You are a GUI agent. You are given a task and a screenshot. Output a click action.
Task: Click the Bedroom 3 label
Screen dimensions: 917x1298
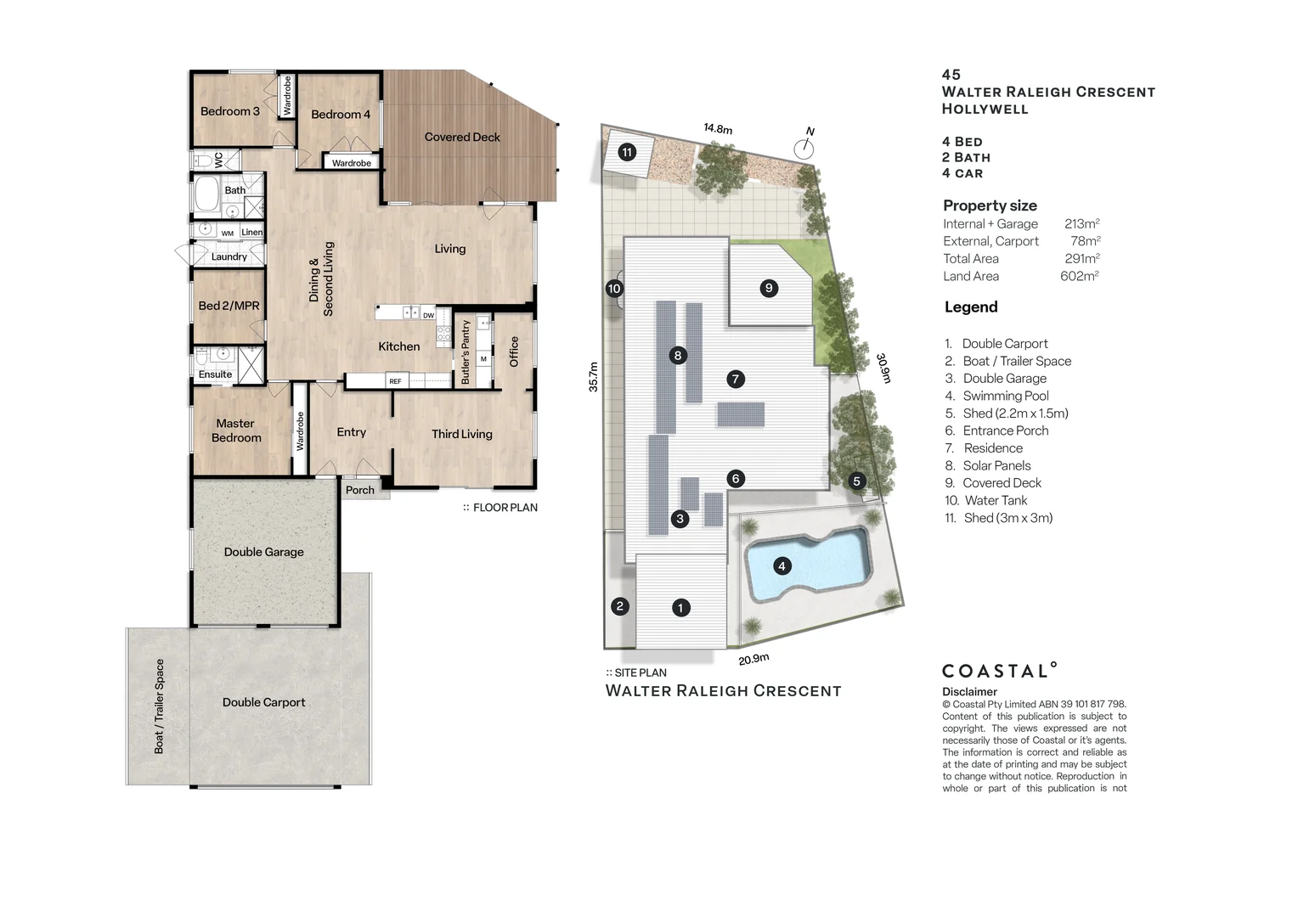click(229, 111)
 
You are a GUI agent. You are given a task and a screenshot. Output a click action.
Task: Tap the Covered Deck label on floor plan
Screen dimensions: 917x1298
click(462, 137)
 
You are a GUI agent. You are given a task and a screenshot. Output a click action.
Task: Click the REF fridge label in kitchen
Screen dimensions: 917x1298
click(395, 382)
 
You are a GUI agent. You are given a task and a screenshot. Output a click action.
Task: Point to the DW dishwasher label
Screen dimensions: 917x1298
click(428, 316)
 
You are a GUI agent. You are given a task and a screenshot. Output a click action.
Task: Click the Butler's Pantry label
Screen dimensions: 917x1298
click(466, 352)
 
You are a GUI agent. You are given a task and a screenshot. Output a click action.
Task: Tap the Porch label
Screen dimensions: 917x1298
click(359, 490)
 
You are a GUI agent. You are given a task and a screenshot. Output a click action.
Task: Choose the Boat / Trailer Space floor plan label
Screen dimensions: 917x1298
click(159, 706)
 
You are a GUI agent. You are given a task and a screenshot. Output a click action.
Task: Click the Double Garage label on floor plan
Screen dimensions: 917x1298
click(263, 552)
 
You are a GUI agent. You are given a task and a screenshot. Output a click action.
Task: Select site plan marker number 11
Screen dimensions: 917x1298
click(627, 153)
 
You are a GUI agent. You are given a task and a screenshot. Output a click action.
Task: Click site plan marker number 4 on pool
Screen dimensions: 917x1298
click(782, 565)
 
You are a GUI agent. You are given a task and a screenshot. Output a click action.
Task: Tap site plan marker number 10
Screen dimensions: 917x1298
click(614, 289)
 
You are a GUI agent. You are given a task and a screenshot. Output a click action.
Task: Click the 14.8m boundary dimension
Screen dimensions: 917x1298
click(717, 129)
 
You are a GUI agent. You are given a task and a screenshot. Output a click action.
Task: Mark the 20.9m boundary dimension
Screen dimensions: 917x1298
click(753, 659)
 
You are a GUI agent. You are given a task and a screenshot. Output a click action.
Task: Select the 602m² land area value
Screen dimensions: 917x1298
click(1079, 276)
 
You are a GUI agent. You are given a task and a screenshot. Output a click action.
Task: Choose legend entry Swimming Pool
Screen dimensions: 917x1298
click(1005, 396)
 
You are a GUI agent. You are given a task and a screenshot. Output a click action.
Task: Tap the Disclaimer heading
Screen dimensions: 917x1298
click(969, 692)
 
